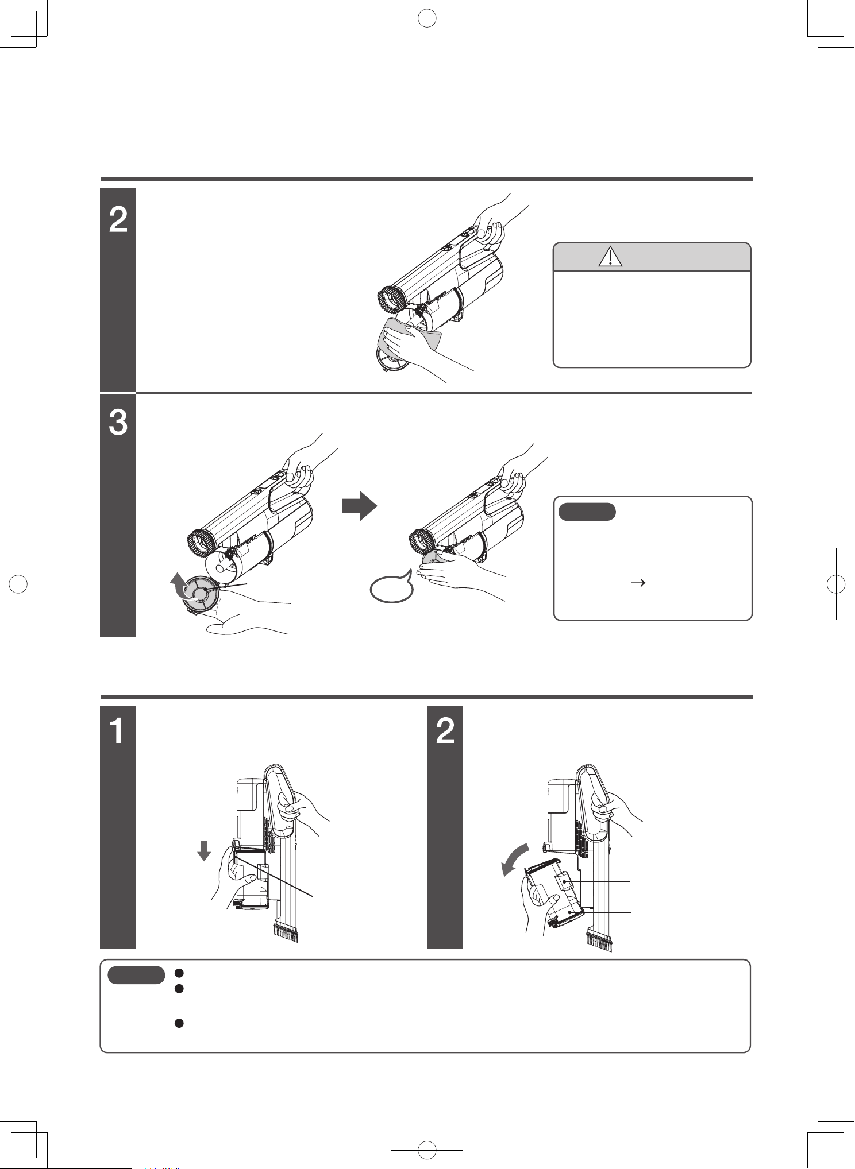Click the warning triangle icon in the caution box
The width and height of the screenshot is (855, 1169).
pyautogui.click(x=610, y=257)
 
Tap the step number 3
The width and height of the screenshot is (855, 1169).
pyautogui.click(x=118, y=424)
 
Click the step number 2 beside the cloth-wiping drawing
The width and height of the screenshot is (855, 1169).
pyautogui.click(x=118, y=220)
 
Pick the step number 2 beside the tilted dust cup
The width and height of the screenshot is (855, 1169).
pyautogui.click(x=445, y=733)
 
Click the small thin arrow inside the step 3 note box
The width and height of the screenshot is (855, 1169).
pyautogui.click(x=636, y=582)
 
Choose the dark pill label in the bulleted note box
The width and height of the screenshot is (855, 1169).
pyautogui.click(x=136, y=974)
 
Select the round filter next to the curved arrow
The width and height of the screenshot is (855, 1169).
pyautogui.click(x=202, y=594)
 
